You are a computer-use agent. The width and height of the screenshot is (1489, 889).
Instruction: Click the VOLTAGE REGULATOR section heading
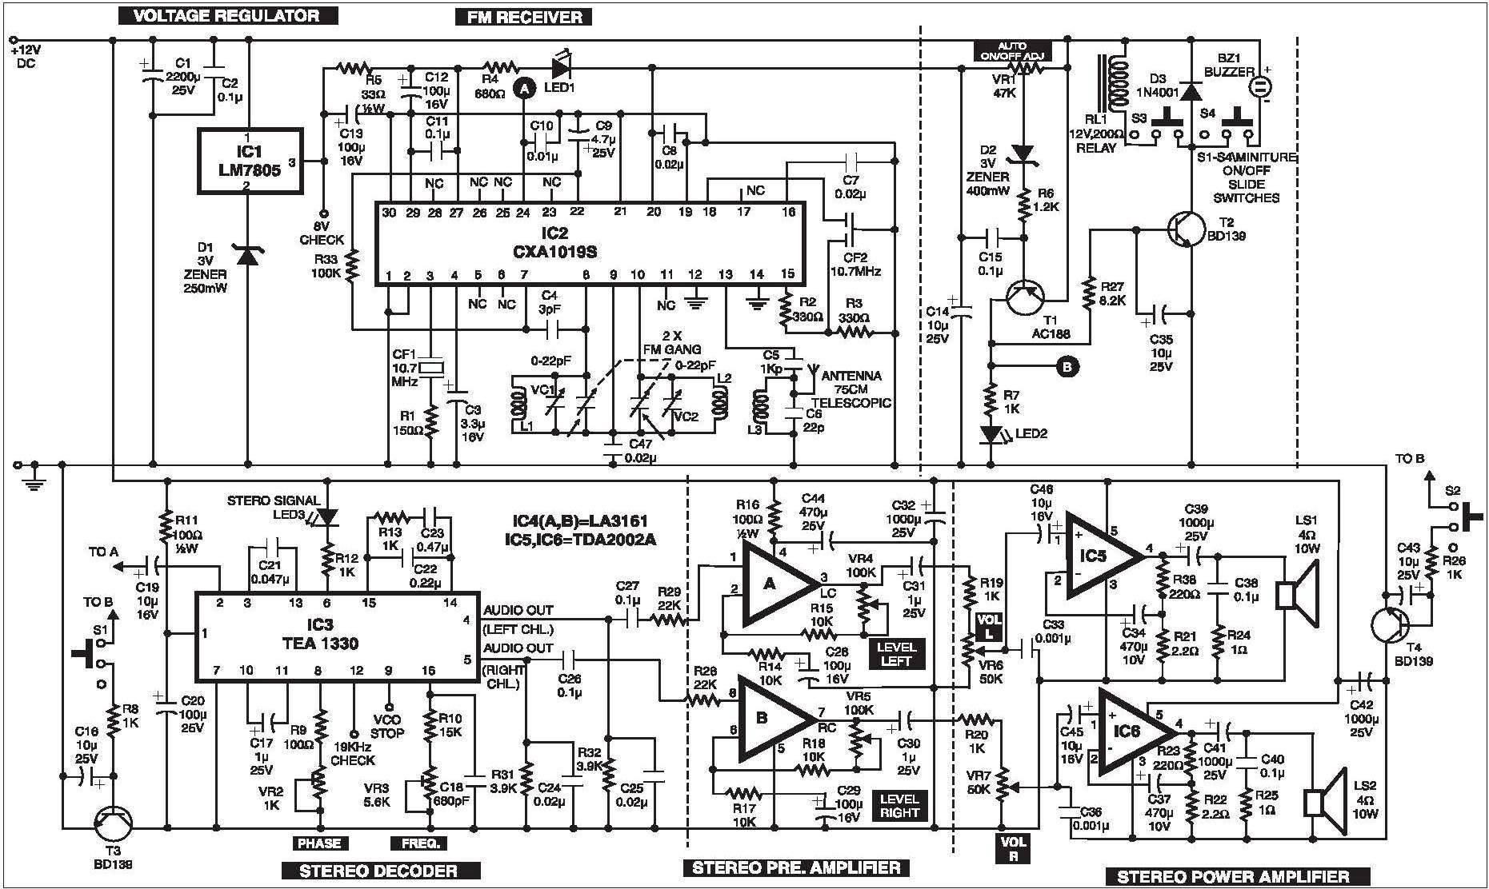pyautogui.click(x=227, y=14)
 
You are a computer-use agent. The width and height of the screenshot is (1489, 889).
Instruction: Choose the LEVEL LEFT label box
pyautogui.click(x=896, y=653)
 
